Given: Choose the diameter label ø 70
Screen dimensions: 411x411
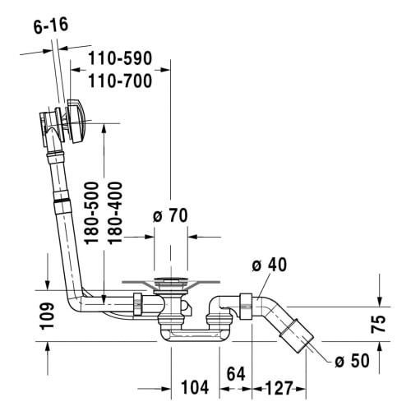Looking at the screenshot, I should pyautogui.click(x=170, y=216).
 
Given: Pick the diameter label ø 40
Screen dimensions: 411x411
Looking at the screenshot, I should pyautogui.click(x=269, y=265).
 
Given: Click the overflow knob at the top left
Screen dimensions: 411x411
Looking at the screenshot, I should pyautogui.click(x=75, y=122).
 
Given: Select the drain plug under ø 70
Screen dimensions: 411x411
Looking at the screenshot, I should pyautogui.click(x=170, y=285).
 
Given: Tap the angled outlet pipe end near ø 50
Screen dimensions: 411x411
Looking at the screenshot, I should pyautogui.click(x=296, y=332).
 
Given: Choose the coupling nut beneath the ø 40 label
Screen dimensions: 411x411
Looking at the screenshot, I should pyautogui.click(x=244, y=305).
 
